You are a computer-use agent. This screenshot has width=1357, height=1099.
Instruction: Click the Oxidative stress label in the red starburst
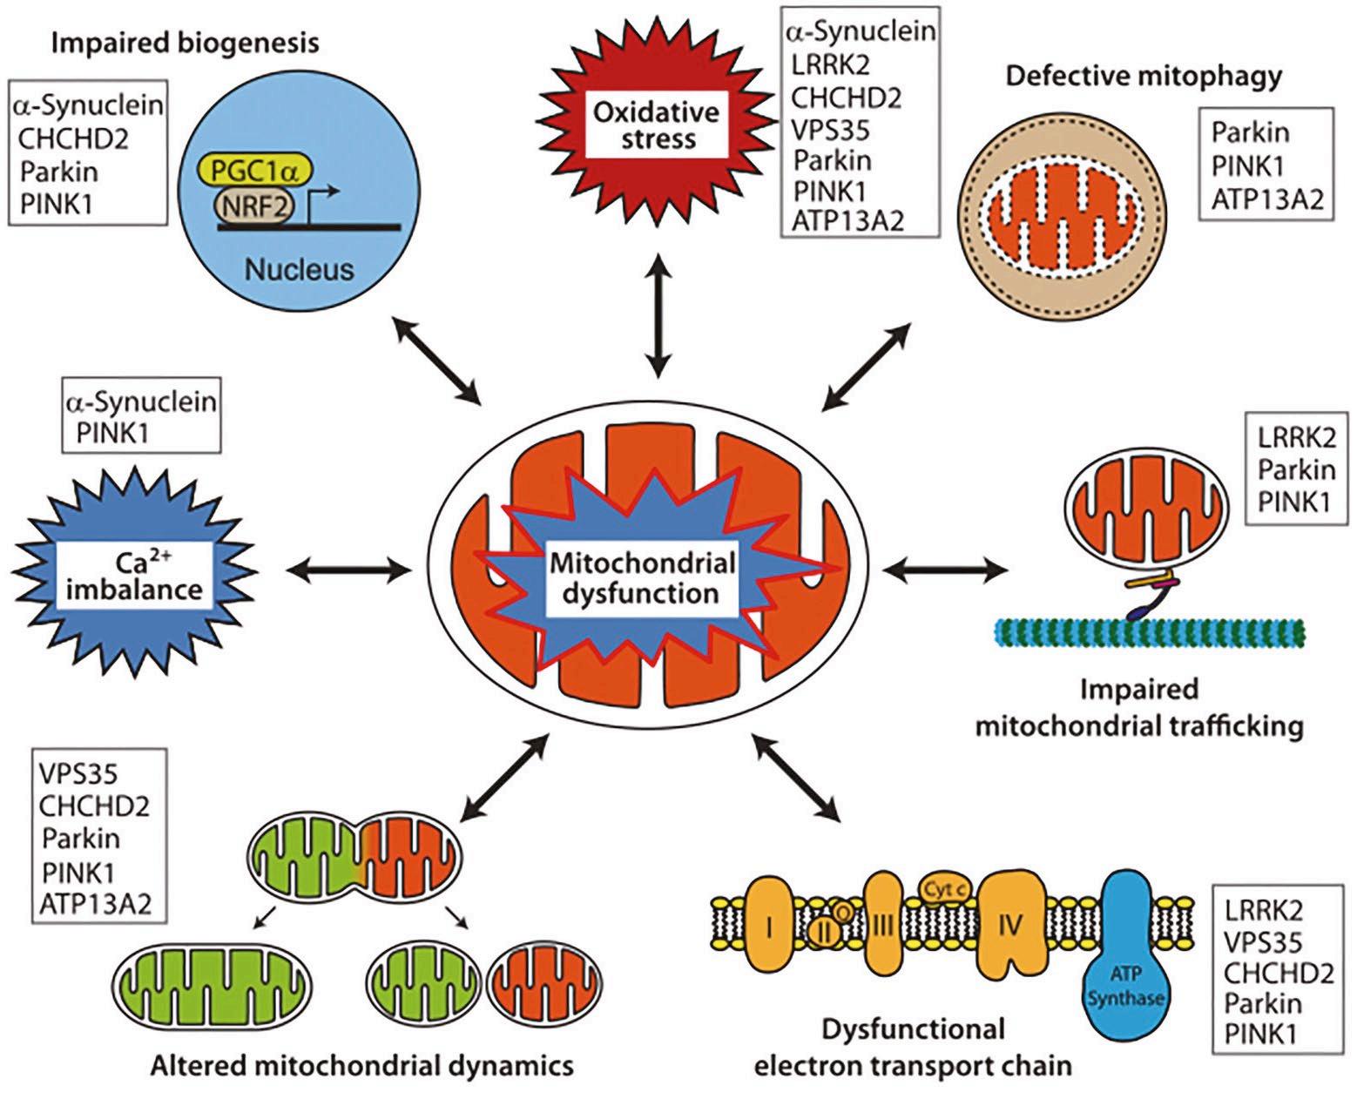pyautogui.click(x=658, y=125)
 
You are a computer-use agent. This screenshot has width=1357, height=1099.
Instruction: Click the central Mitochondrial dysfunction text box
pyautogui.click(x=642, y=578)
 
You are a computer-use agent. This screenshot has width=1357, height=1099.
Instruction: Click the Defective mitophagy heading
pyautogui.click(x=1144, y=77)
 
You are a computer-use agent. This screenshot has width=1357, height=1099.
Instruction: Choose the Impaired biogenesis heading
pyautogui.click(x=185, y=43)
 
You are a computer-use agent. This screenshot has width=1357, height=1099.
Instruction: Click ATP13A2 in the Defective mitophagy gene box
pyautogui.click(x=1266, y=199)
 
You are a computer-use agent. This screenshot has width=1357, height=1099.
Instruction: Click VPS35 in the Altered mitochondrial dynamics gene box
pyautogui.click(x=78, y=772)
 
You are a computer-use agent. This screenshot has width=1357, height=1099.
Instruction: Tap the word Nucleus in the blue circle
pyautogui.click(x=299, y=269)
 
